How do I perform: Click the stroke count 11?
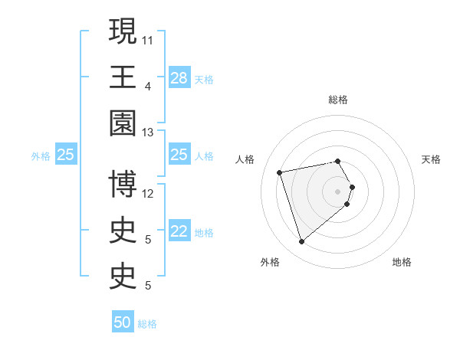tap(148, 39)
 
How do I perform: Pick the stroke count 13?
tap(148, 132)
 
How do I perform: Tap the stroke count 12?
tap(148, 193)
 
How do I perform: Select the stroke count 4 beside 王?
tap(148, 86)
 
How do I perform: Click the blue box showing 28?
tap(179, 78)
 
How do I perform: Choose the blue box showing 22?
tap(179, 231)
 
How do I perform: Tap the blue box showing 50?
tap(123, 322)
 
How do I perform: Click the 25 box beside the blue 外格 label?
tap(66, 155)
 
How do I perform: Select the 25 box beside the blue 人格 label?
tap(179, 155)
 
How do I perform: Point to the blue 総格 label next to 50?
tap(147, 324)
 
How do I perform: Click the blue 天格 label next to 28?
tap(204, 79)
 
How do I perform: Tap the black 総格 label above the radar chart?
tap(338, 100)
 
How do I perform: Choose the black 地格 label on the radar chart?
tap(402, 262)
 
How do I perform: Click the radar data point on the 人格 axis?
tap(280, 172)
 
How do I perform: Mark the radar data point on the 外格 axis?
tap(302, 242)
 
